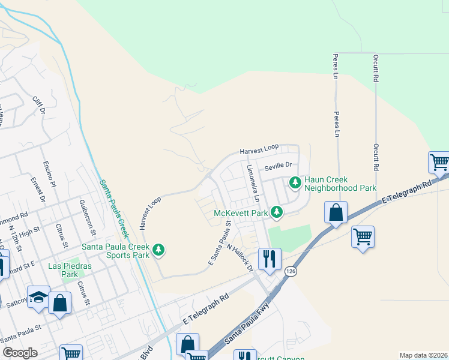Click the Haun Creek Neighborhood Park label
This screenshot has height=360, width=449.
(340, 183)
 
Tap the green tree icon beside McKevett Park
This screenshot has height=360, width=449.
(276, 212)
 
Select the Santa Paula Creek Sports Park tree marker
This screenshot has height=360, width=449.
(158, 249)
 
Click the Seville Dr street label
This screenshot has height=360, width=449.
(277, 165)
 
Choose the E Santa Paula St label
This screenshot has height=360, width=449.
(219, 244)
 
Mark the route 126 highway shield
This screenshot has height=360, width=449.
(291, 272)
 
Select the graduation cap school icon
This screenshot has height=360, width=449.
(38, 298)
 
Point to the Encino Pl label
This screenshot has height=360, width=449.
(49, 173)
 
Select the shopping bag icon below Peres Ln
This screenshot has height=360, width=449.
(336, 213)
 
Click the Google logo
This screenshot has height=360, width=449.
(20, 353)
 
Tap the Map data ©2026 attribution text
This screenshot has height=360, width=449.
(423, 355)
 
